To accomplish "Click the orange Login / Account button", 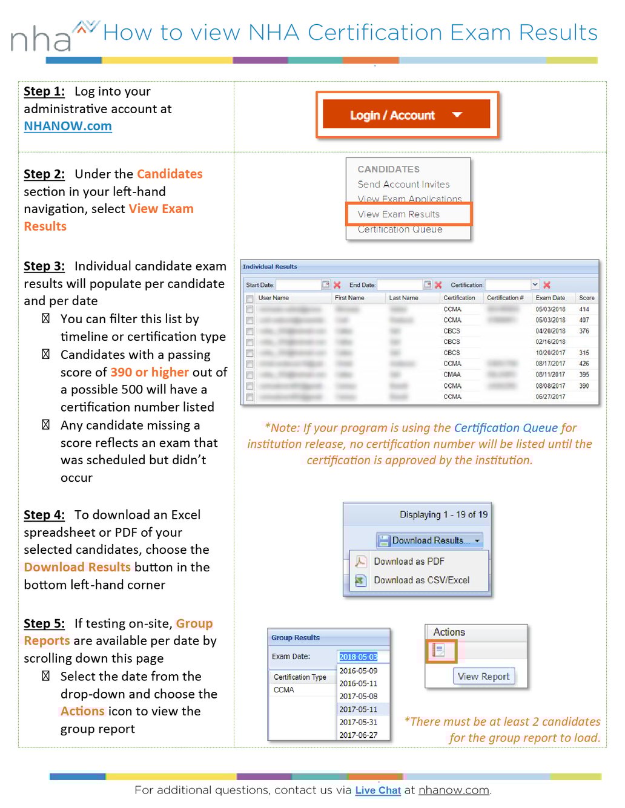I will [406, 115].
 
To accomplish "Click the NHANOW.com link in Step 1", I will [68, 126].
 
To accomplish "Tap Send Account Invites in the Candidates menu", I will [403, 184].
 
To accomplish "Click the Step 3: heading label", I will [44, 266].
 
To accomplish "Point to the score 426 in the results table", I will [584, 364].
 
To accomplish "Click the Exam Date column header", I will [550, 298].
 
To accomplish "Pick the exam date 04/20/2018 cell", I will [550, 331].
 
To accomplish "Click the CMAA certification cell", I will [452, 375].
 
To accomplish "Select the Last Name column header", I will [403, 298].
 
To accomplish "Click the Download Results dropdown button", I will [429, 540].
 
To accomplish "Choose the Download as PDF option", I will [409, 562].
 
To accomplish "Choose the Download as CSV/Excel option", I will [422, 580].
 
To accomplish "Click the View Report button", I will [483, 677].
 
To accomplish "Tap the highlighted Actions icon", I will [438, 651].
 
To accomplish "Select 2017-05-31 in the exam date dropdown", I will [358, 722].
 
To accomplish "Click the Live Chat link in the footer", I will [378, 790].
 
